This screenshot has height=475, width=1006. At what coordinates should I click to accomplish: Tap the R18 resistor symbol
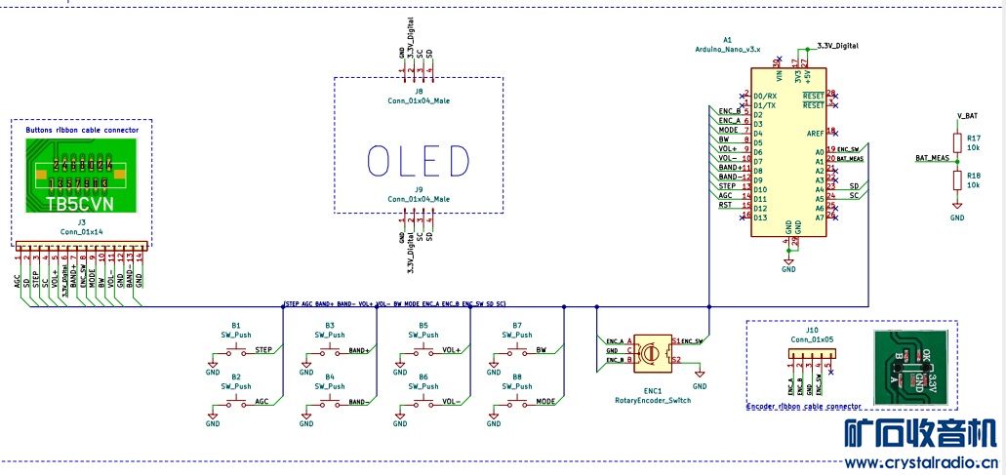point(957,178)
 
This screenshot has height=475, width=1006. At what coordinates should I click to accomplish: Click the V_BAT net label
point(967,116)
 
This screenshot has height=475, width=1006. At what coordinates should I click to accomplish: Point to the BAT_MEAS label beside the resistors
point(932,157)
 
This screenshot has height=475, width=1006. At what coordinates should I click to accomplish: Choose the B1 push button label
point(236,325)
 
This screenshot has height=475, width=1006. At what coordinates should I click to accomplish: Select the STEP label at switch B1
point(262,349)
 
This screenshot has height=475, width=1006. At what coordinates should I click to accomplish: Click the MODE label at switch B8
point(546,401)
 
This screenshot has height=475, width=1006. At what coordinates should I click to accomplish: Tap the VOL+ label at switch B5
point(451,349)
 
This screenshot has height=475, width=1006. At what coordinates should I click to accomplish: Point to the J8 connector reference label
point(419,92)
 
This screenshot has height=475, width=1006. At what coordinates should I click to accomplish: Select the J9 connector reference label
point(419,189)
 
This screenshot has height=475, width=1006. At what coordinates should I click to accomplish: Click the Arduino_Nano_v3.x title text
point(727,48)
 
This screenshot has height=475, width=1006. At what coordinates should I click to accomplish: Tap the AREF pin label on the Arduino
point(815,133)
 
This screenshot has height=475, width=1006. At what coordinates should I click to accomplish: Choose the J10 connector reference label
point(813,331)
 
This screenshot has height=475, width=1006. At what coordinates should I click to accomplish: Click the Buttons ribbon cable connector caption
point(82,129)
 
